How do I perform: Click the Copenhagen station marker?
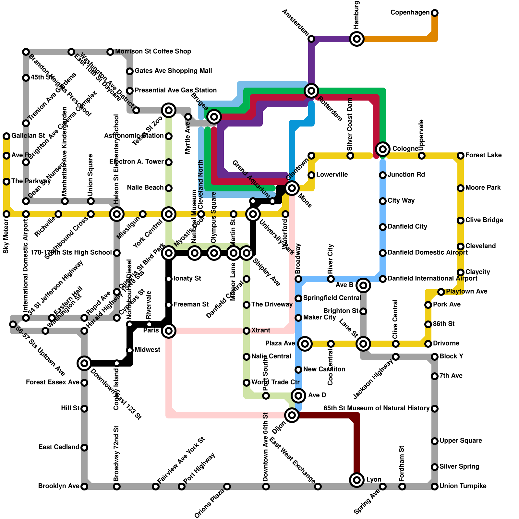click(x=435, y=13)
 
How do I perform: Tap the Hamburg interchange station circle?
click(x=357, y=39)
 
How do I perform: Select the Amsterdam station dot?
click(x=311, y=39)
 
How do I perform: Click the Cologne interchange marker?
click(x=383, y=149)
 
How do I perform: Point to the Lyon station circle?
click(x=357, y=480)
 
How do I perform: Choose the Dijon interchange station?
click(x=292, y=415)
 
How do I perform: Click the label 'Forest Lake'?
click(x=483, y=155)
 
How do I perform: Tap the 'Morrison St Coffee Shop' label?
click(x=153, y=52)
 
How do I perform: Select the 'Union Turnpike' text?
click(x=463, y=486)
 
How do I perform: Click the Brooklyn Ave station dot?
click(x=84, y=487)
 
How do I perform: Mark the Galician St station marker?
click(x=6, y=136)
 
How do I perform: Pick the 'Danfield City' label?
click(x=407, y=227)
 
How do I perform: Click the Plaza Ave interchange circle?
click(x=305, y=344)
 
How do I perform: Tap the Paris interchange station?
click(x=169, y=331)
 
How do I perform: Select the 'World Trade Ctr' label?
click(x=275, y=382)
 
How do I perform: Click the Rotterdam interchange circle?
click(x=311, y=91)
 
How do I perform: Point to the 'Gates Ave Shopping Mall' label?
click(x=173, y=71)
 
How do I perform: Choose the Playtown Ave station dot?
click(x=441, y=292)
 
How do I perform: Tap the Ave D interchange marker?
click(x=298, y=396)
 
